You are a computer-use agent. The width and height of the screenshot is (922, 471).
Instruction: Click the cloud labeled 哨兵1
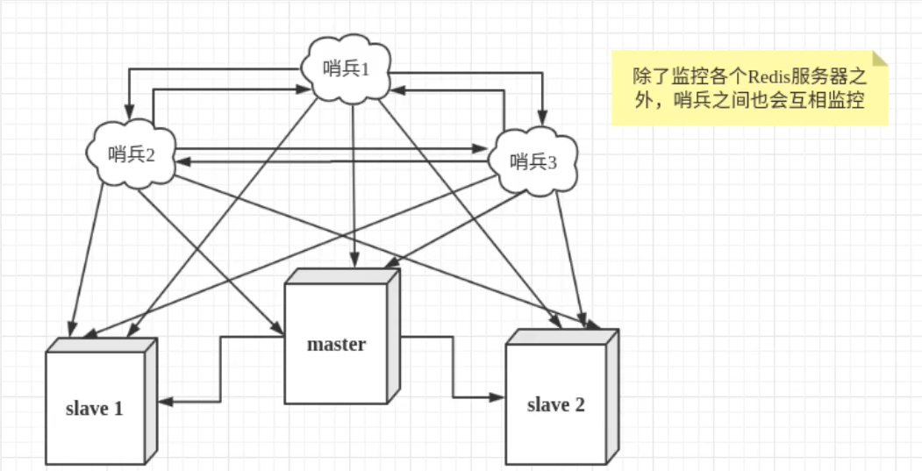(x=347, y=69)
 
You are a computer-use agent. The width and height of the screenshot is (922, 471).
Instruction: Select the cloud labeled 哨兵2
(x=132, y=154)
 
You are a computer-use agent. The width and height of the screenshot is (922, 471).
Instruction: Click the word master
(x=336, y=344)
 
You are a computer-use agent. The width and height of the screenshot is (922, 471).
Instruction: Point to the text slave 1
(x=94, y=409)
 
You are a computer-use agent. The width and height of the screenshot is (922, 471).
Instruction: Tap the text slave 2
(x=555, y=405)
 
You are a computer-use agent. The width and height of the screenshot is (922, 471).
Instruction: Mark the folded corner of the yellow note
(x=879, y=59)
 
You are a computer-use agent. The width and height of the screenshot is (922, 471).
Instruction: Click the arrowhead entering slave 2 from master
(x=500, y=396)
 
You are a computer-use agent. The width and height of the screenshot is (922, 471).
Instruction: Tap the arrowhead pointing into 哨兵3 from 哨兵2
(x=483, y=148)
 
